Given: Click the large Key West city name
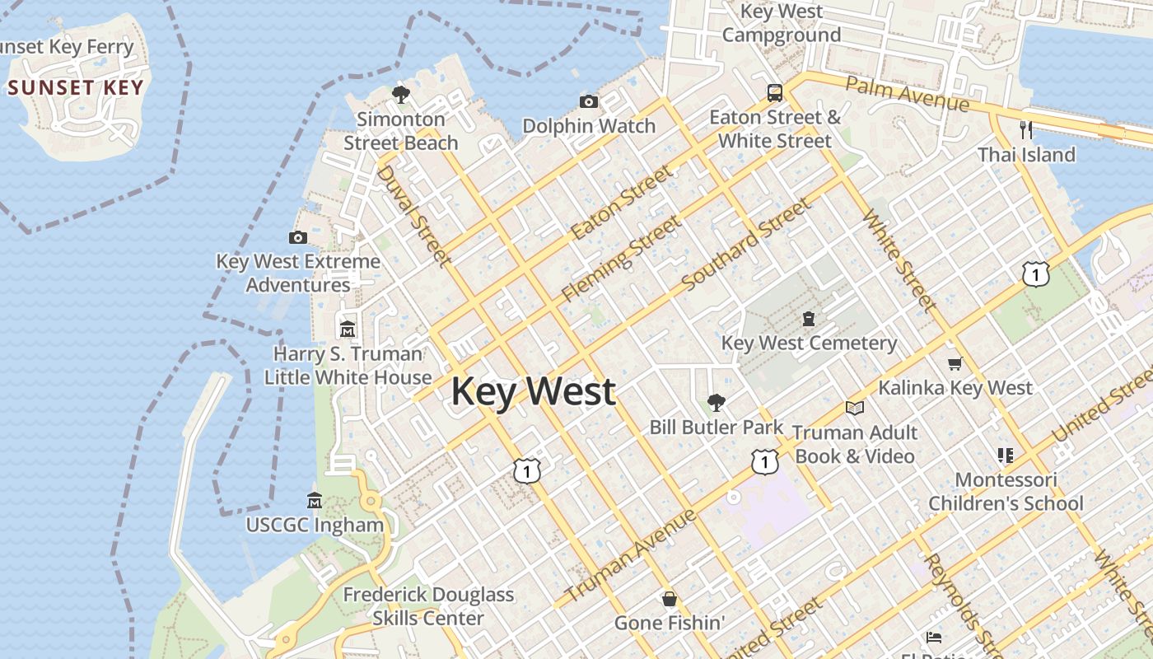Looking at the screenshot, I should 533,391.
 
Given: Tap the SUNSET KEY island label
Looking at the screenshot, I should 76,87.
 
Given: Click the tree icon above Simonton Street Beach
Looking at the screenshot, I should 401,95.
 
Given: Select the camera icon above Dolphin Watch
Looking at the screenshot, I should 589,101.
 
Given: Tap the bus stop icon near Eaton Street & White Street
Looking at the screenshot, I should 775,92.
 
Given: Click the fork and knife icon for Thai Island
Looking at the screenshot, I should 1026,129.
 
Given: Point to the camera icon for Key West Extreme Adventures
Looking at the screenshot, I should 298,237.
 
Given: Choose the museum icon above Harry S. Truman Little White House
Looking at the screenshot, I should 348,329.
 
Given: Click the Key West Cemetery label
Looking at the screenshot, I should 809,343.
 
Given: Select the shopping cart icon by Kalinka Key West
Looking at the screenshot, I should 955,363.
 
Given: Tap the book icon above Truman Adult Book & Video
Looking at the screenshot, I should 855,408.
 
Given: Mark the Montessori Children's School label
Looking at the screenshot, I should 1006,491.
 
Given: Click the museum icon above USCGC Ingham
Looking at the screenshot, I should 315,500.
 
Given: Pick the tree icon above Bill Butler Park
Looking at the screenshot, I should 717,403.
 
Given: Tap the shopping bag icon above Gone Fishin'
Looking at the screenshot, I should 670,599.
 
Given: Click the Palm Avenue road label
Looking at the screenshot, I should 907,93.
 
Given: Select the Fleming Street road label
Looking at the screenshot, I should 622,258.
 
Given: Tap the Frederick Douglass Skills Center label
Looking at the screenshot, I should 428,605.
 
